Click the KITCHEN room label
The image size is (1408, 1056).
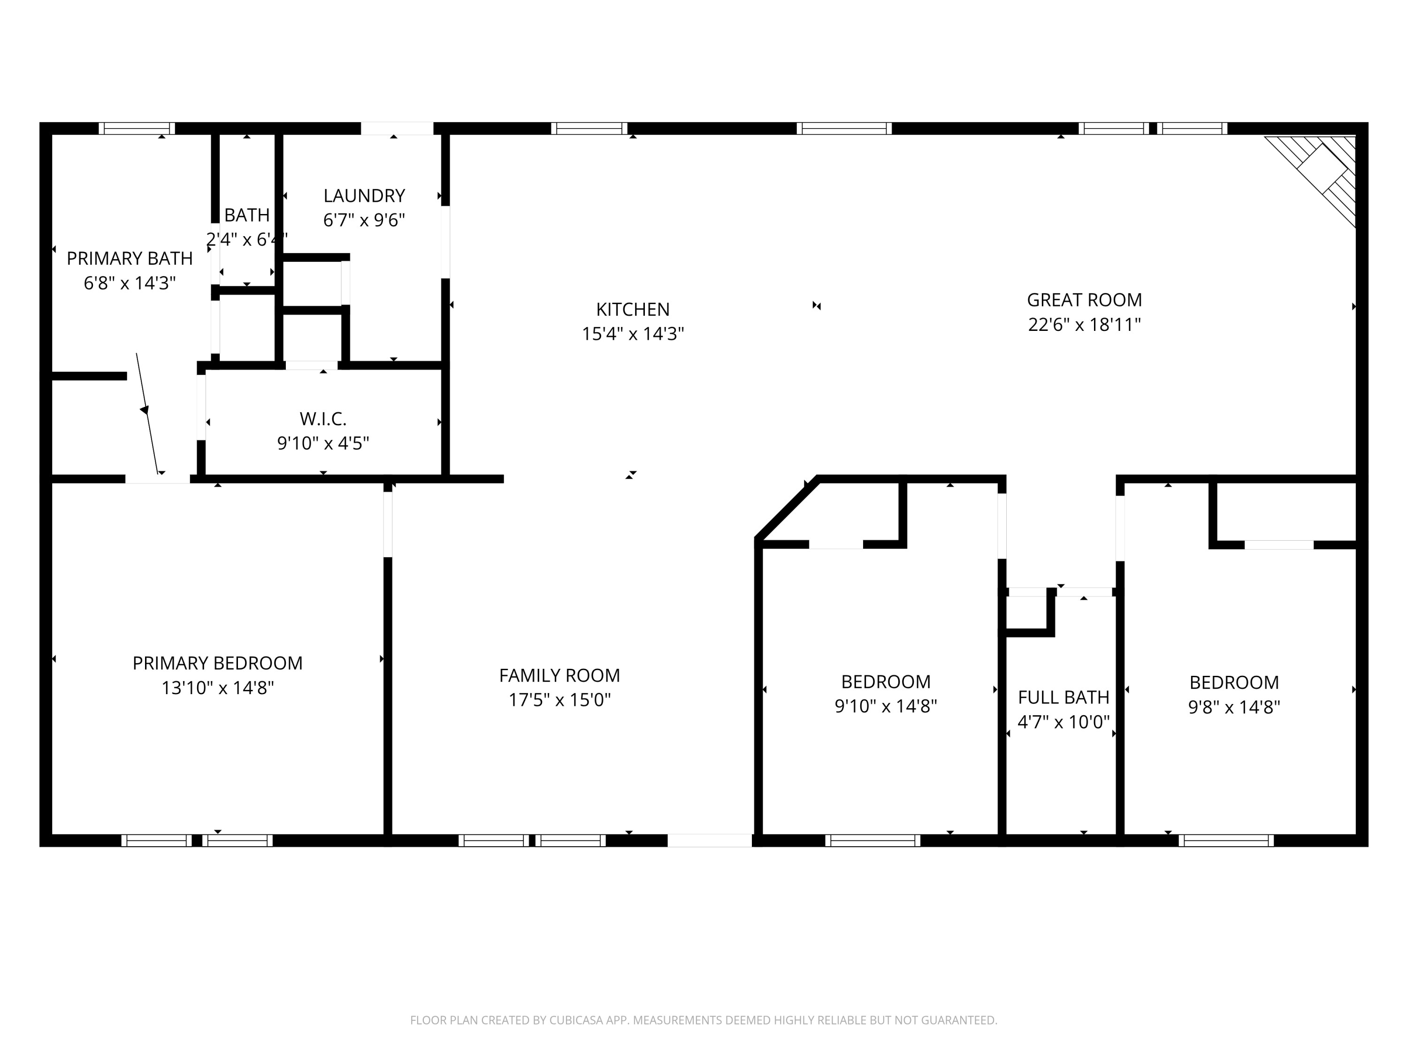click(x=632, y=309)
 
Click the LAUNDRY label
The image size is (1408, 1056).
click(x=364, y=195)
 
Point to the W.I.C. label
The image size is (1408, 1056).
click(x=323, y=419)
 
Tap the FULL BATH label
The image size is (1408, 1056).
click(x=1063, y=697)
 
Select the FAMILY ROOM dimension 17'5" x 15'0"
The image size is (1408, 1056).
click(x=559, y=700)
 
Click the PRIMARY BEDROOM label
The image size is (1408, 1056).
click(x=217, y=663)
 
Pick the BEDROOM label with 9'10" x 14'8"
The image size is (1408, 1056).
click(x=886, y=682)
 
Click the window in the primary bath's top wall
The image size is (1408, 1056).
click(x=137, y=129)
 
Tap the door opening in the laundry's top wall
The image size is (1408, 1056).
click(x=397, y=129)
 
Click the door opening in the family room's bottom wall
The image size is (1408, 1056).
click(x=709, y=840)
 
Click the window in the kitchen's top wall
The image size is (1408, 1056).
click(x=589, y=129)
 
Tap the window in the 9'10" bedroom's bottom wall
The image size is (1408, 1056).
click(x=872, y=840)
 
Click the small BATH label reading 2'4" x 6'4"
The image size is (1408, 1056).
click(x=247, y=227)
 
